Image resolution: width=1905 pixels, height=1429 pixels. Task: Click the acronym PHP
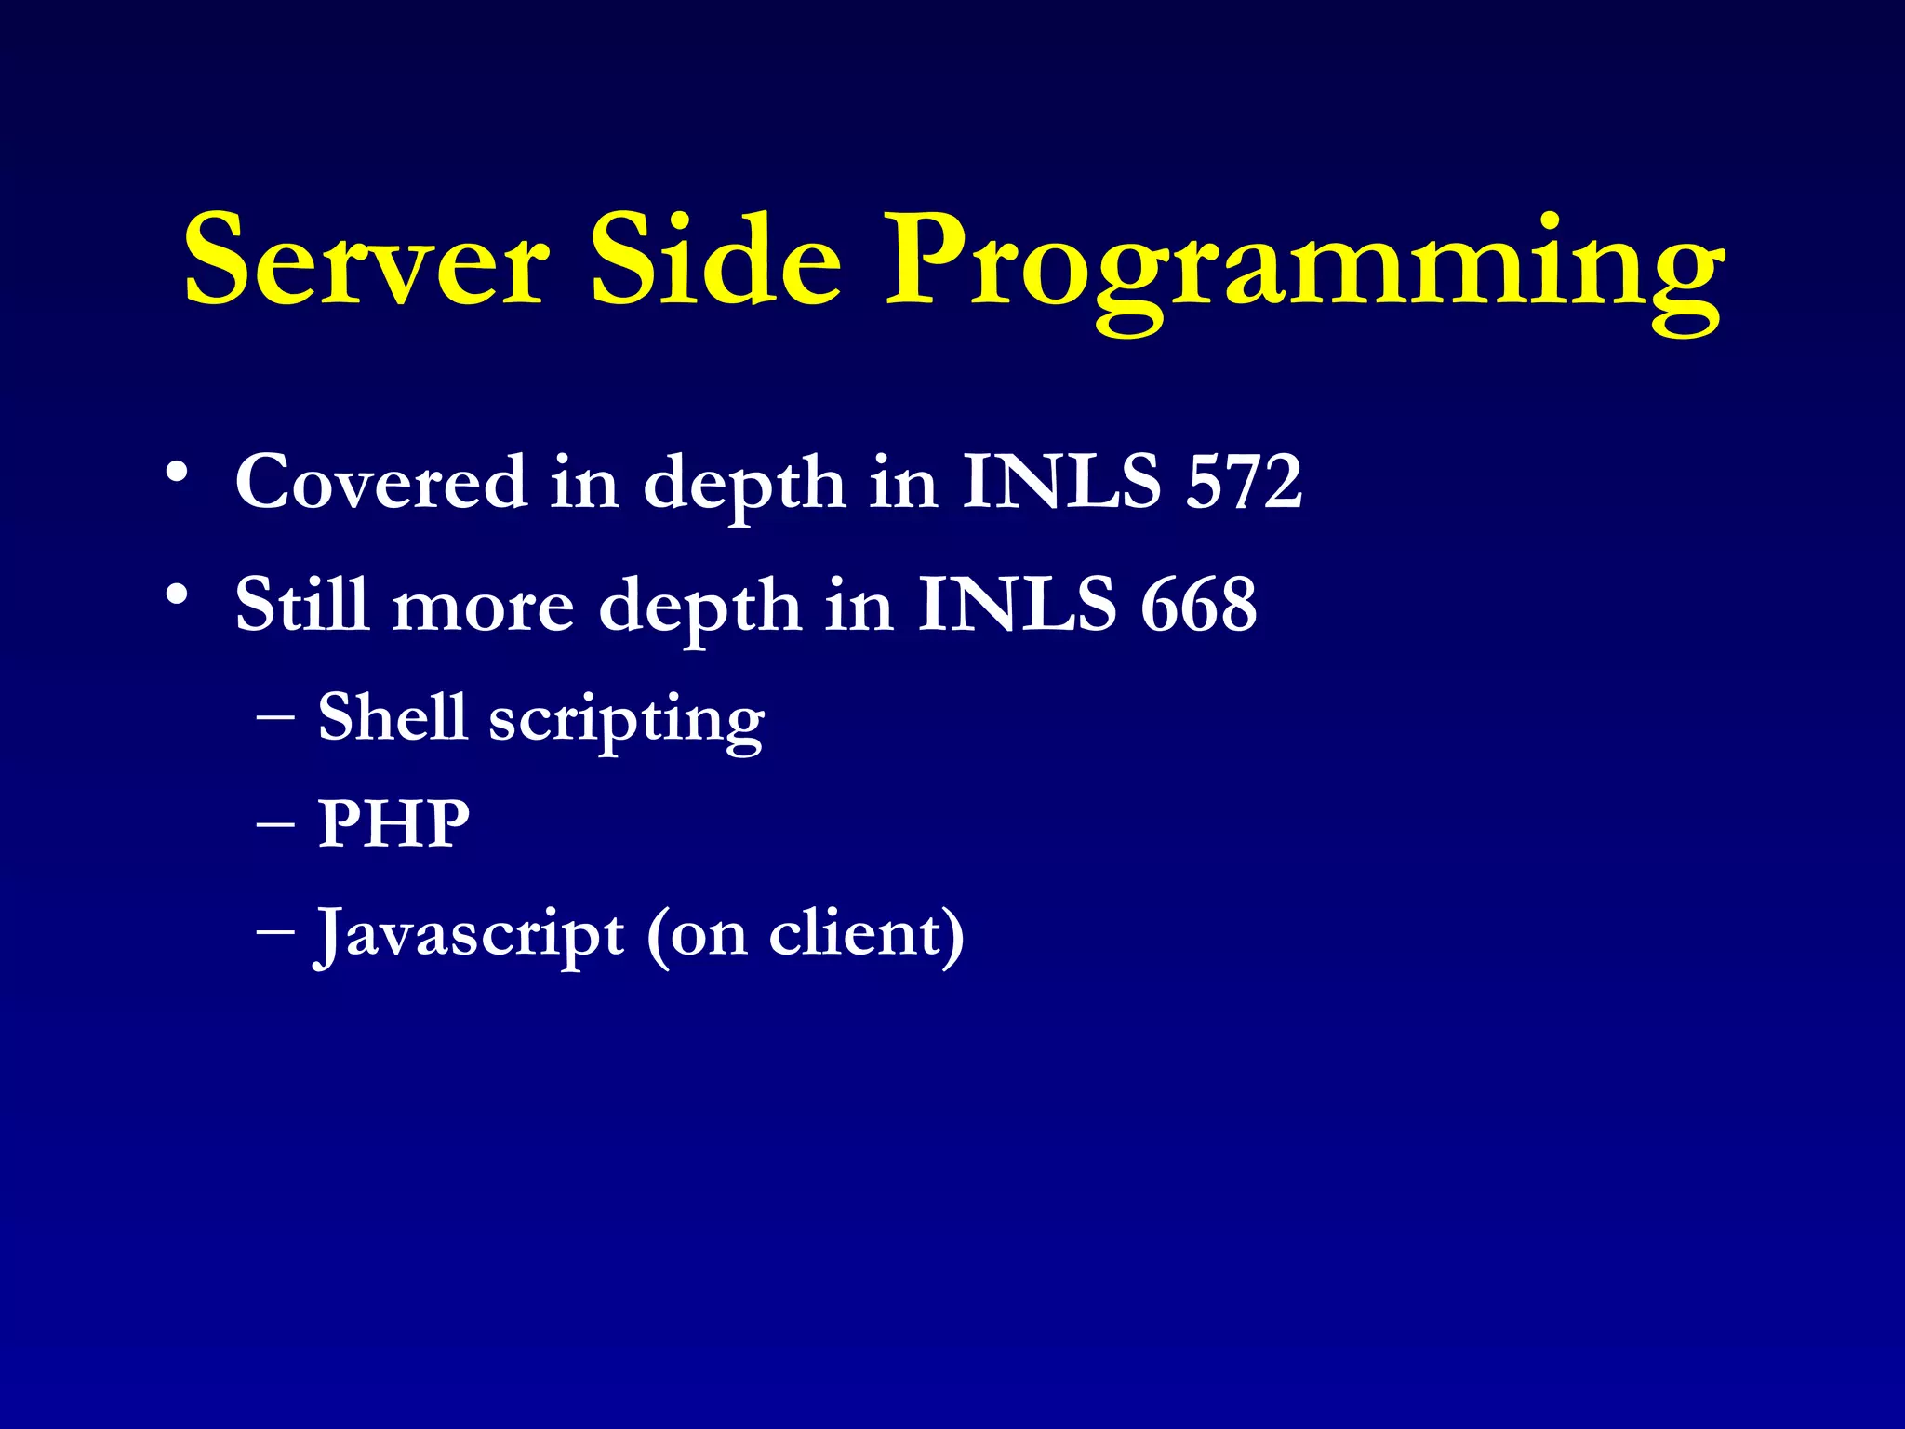tap(393, 824)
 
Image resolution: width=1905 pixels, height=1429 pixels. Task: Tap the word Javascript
tap(470, 934)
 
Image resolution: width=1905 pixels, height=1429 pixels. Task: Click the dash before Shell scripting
tap(275, 719)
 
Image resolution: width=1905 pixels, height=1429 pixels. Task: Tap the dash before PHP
tap(275, 826)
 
